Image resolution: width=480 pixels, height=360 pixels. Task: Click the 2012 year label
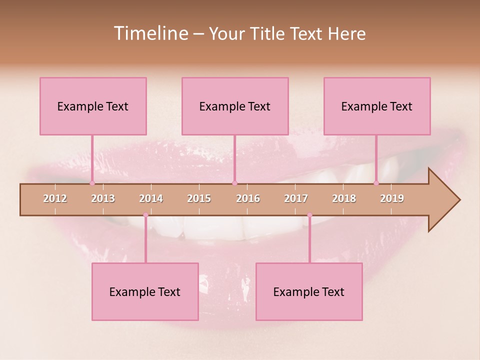click(55, 198)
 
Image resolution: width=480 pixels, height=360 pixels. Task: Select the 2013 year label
click(103, 198)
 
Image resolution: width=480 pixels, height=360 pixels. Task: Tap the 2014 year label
click(151, 198)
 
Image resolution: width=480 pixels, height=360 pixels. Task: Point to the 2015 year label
click(199, 198)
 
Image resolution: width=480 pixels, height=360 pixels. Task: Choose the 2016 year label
click(248, 198)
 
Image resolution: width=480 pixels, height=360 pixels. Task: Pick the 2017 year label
click(296, 198)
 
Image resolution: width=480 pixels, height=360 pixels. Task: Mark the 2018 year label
click(344, 198)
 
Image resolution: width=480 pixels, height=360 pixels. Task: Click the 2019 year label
click(392, 198)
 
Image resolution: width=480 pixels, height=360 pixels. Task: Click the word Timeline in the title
click(150, 33)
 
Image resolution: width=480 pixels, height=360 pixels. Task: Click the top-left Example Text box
click(93, 106)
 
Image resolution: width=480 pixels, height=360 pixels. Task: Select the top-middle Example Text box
click(235, 106)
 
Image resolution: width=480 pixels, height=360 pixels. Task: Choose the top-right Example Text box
click(377, 106)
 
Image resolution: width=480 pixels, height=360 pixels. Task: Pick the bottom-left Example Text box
click(145, 291)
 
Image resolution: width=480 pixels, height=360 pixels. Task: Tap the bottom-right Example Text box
click(309, 291)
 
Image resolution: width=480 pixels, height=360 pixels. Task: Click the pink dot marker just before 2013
click(92, 183)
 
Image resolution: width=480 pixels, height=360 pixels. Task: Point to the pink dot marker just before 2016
click(234, 183)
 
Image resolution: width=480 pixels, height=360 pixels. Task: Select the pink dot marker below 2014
click(145, 215)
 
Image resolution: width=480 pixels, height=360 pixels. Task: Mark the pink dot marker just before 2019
click(376, 183)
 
